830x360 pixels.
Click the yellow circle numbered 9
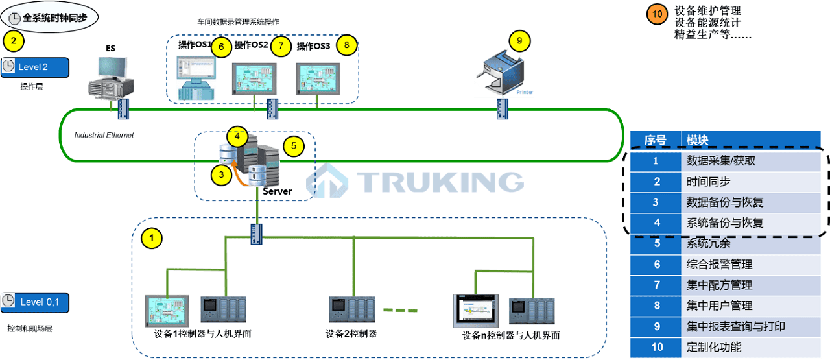pyautogui.click(x=519, y=40)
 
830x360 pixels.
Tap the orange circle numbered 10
pyautogui.click(x=657, y=14)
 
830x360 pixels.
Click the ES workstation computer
pyautogui.click(x=112, y=77)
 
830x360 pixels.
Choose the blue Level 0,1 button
pyautogui.click(x=35, y=302)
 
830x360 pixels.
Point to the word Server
pyautogui.click(x=277, y=191)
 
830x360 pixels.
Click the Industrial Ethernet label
pyautogui.click(x=104, y=136)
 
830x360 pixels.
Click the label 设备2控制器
pyautogui.click(x=351, y=334)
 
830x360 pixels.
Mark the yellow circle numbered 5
pyautogui.click(x=293, y=146)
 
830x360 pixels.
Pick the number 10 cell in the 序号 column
pyautogui.click(x=656, y=347)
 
